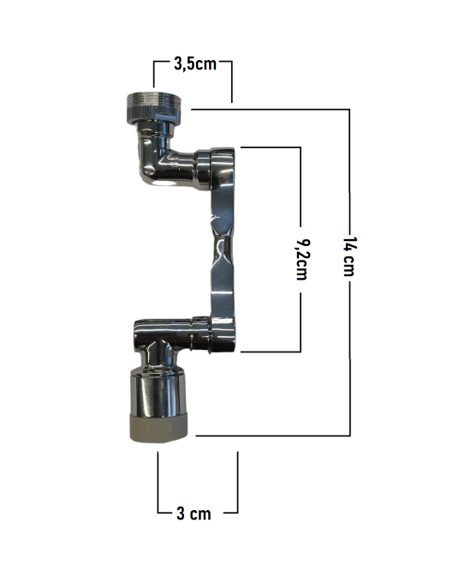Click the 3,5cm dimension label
(x=195, y=64)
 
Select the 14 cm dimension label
(x=349, y=256)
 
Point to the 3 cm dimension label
(x=194, y=514)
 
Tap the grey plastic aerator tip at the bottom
(x=158, y=427)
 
